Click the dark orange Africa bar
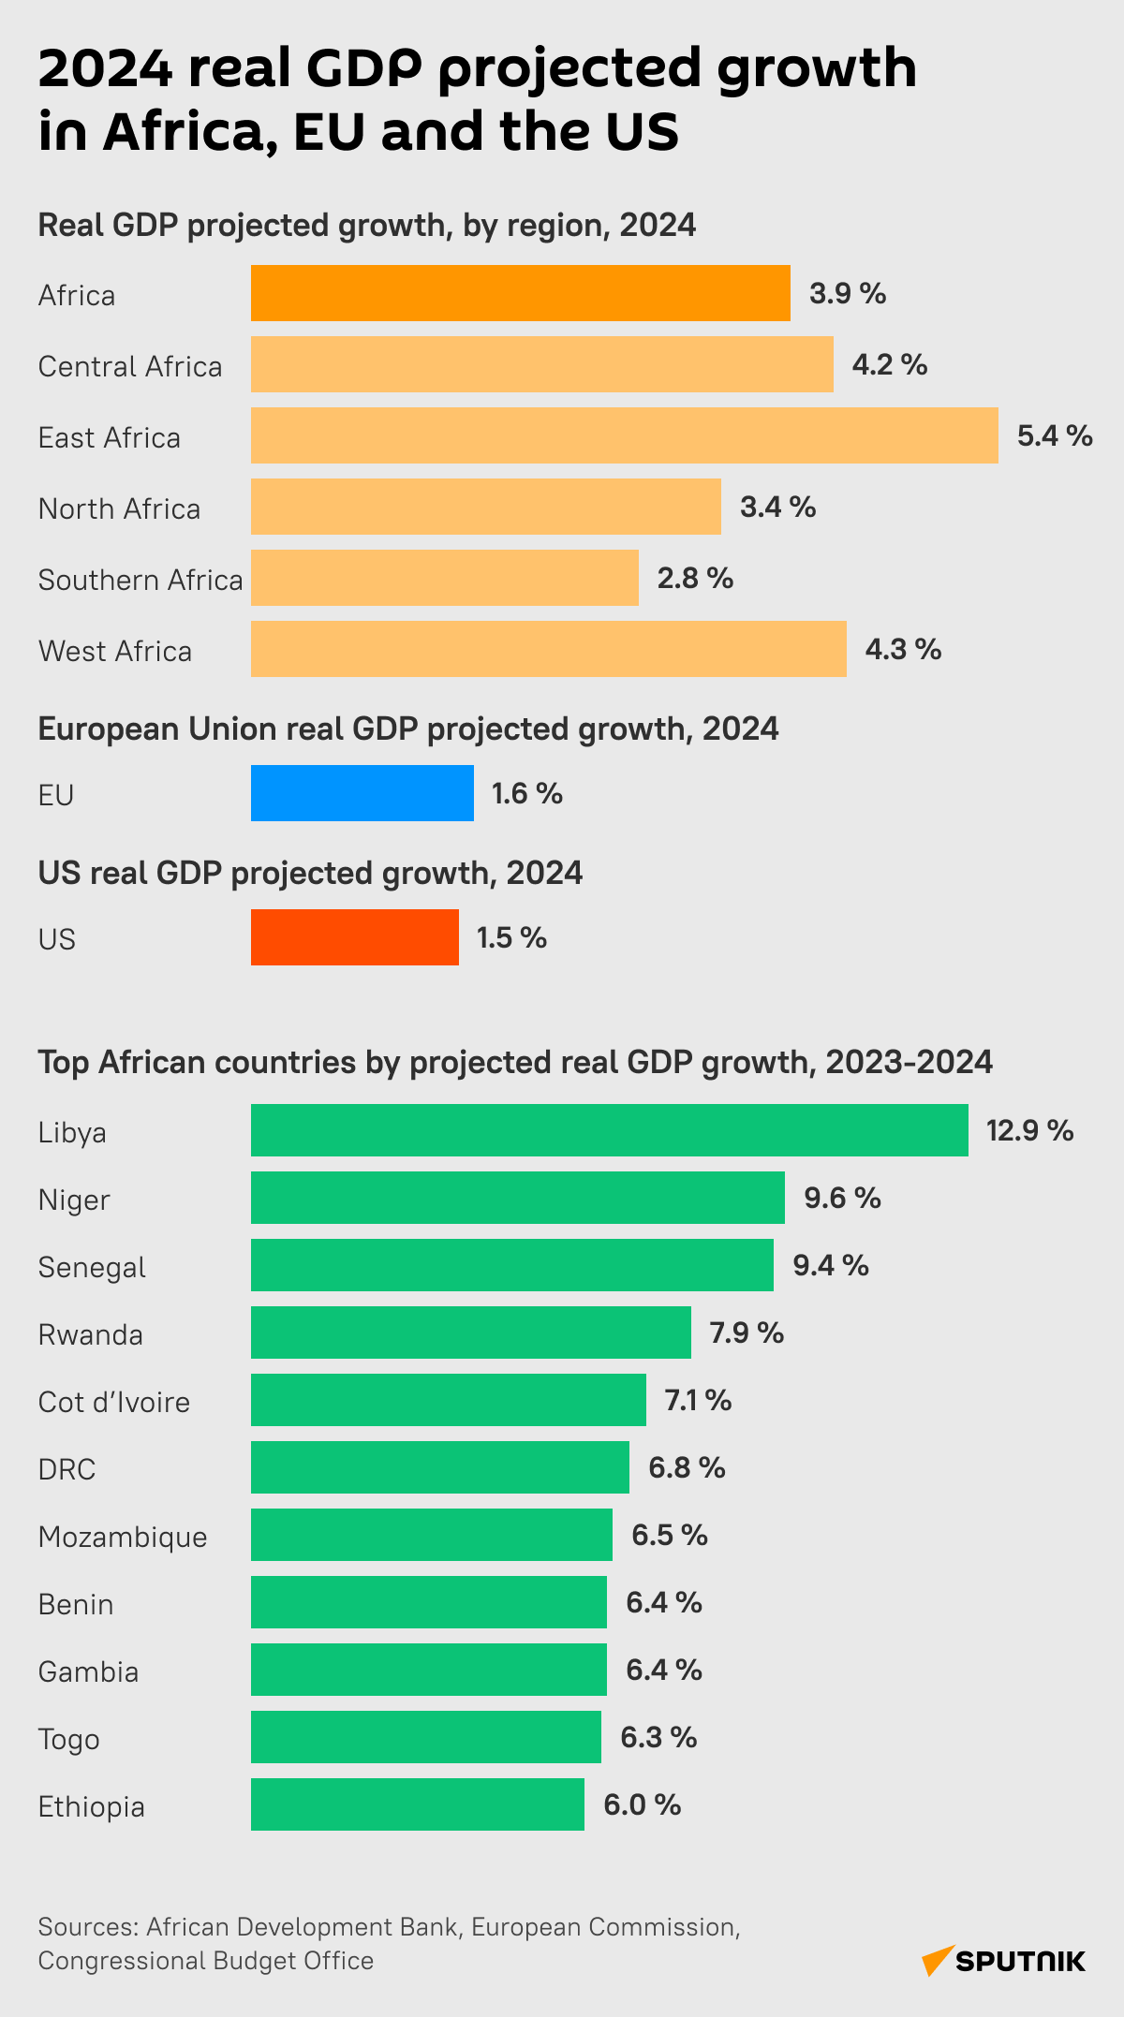520,293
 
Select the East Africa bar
624,435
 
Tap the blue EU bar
362,793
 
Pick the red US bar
354,937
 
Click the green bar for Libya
609,1130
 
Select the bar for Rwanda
470,1332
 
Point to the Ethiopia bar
417,1804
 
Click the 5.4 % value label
1055,435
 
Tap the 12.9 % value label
1029,1130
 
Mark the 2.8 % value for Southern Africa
695,578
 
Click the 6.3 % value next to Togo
658,1737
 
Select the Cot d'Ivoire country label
114,1402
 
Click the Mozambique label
123,1537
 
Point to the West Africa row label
115,651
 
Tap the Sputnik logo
1004,1960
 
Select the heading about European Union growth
408,729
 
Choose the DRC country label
67,1469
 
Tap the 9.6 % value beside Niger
842,1198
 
